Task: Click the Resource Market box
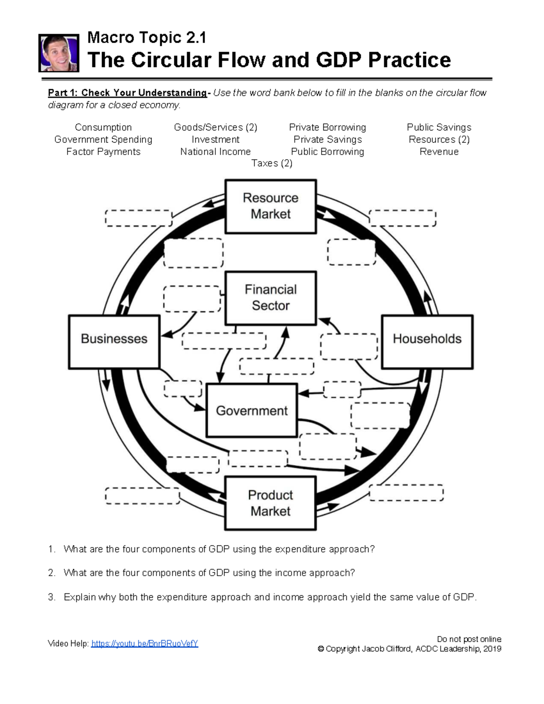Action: click(x=271, y=206)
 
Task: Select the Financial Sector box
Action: click(x=271, y=298)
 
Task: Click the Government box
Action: click(x=252, y=411)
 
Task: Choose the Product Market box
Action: click(x=271, y=503)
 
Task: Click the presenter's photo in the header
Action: click(x=59, y=53)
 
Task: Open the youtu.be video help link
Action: click(x=145, y=644)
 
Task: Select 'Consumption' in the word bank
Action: click(x=103, y=127)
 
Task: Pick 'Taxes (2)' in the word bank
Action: click(x=272, y=163)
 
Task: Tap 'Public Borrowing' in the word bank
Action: click(x=327, y=152)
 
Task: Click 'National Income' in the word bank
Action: click(x=215, y=152)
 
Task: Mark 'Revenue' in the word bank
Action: click(x=439, y=152)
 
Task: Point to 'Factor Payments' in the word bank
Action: click(x=103, y=152)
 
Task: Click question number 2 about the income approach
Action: click(x=209, y=573)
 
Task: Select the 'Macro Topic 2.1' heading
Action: click(x=146, y=37)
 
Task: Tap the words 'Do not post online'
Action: click(x=469, y=639)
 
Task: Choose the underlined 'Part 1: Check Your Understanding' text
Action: click(x=127, y=93)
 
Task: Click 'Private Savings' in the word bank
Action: click(x=327, y=140)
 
